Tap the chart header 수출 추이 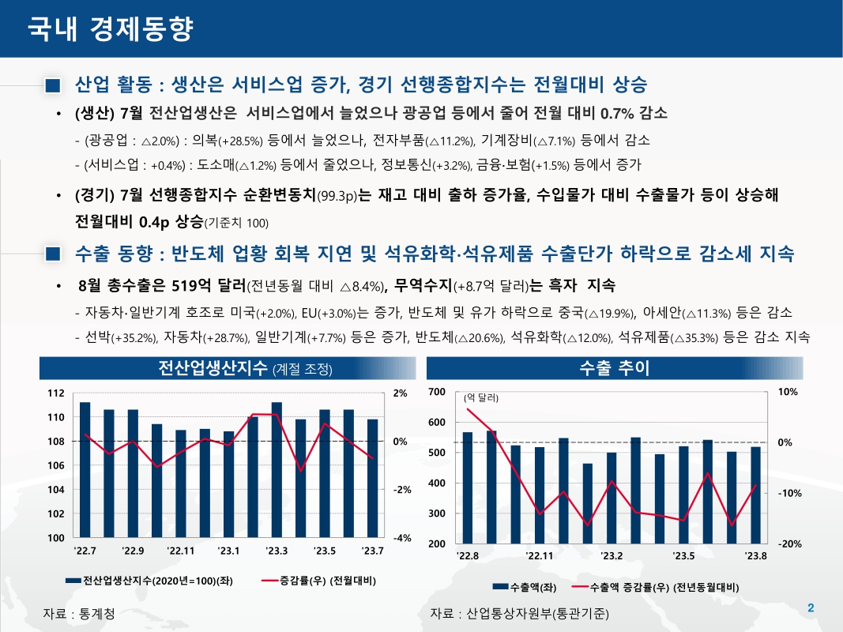pyautogui.click(x=614, y=369)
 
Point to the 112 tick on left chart pyautogui.click(x=55, y=393)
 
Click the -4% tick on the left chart pyautogui.click(x=401, y=538)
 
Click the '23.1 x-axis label pyautogui.click(x=228, y=551)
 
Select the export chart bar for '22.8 pyautogui.click(x=468, y=487)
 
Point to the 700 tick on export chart pyautogui.click(x=437, y=392)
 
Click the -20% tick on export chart pyautogui.click(x=791, y=544)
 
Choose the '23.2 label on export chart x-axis pyautogui.click(x=612, y=556)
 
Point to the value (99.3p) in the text pyautogui.click(x=337, y=194)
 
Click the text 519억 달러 pyautogui.click(x=209, y=284)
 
